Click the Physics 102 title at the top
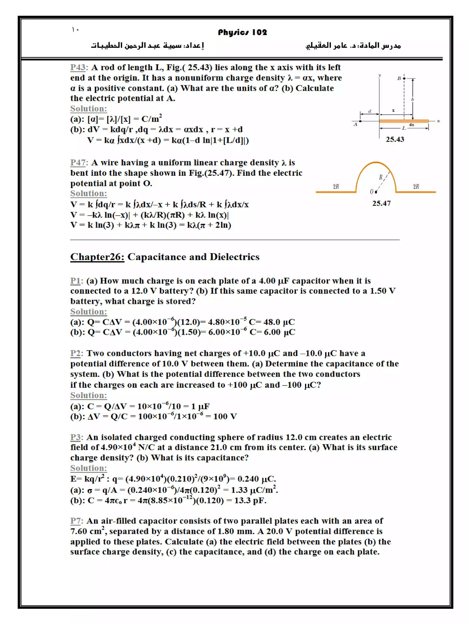click(x=242, y=32)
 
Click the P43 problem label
click(x=79, y=67)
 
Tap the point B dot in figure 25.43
click(x=404, y=78)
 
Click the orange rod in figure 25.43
click(x=404, y=121)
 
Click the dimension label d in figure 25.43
click(x=369, y=111)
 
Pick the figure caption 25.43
click(x=395, y=139)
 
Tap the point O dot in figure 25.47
click(x=376, y=192)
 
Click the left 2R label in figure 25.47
click(x=336, y=187)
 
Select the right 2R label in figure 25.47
click(x=416, y=187)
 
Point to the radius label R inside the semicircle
click(x=381, y=177)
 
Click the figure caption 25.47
click(x=381, y=203)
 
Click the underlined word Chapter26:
click(x=97, y=257)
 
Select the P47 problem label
click(x=79, y=162)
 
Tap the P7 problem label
click(x=76, y=521)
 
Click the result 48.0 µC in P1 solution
click(x=279, y=322)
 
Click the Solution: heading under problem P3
click(x=88, y=468)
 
